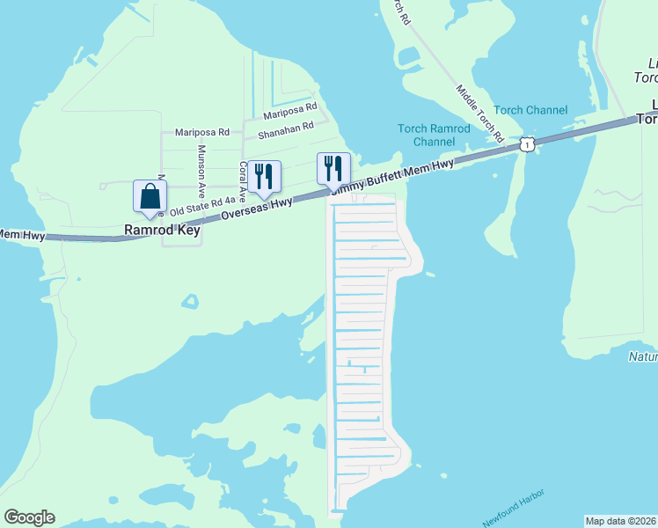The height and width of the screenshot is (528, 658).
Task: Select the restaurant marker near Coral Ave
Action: (x=264, y=178)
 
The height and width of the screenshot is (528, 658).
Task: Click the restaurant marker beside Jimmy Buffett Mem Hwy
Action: (x=333, y=169)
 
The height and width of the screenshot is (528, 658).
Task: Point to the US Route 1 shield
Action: (x=526, y=143)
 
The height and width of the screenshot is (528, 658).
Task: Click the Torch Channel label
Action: (x=530, y=110)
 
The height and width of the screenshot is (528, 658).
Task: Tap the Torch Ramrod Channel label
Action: (x=434, y=135)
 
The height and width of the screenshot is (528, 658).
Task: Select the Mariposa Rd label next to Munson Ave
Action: (x=201, y=132)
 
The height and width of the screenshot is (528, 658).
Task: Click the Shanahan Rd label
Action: (x=285, y=131)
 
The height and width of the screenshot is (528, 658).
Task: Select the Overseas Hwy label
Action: (x=257, y=209)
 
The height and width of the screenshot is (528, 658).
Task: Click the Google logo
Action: (x=29, y=517)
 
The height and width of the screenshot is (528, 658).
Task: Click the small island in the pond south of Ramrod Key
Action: (x=190, y=303)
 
